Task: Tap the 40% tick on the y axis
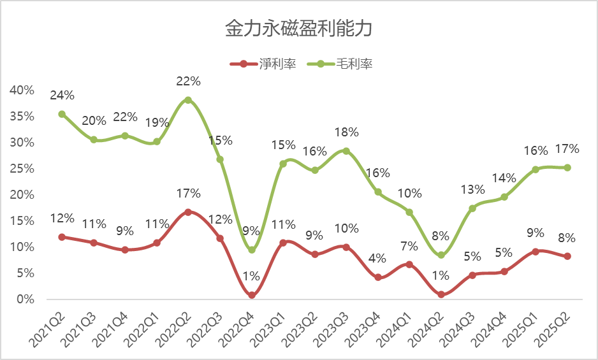22,90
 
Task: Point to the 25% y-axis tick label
22,169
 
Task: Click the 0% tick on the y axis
25,299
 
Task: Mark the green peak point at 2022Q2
188,100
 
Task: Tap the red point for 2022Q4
252,295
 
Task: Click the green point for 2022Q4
252,250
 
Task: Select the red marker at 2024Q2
441,294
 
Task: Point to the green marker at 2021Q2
62,114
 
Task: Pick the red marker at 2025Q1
536,252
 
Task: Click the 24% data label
62,96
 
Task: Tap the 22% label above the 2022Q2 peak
189,82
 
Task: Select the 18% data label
346,133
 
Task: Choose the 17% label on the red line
189,194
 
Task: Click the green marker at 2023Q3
346,151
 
